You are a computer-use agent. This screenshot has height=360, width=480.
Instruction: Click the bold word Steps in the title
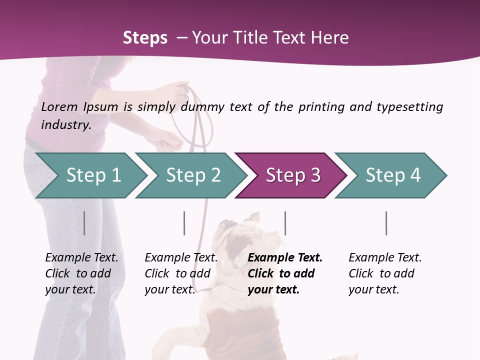tap(145, 38)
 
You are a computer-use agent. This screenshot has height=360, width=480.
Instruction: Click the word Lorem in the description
tap(59, 106)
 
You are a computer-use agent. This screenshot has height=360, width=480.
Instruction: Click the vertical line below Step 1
tap(84, 223)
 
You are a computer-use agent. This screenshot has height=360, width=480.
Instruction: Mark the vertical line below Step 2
tap(184, 223)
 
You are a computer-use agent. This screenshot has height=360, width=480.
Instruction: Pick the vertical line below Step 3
tap(285, 223)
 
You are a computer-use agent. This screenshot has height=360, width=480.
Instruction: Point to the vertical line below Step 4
tap(386, 223)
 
